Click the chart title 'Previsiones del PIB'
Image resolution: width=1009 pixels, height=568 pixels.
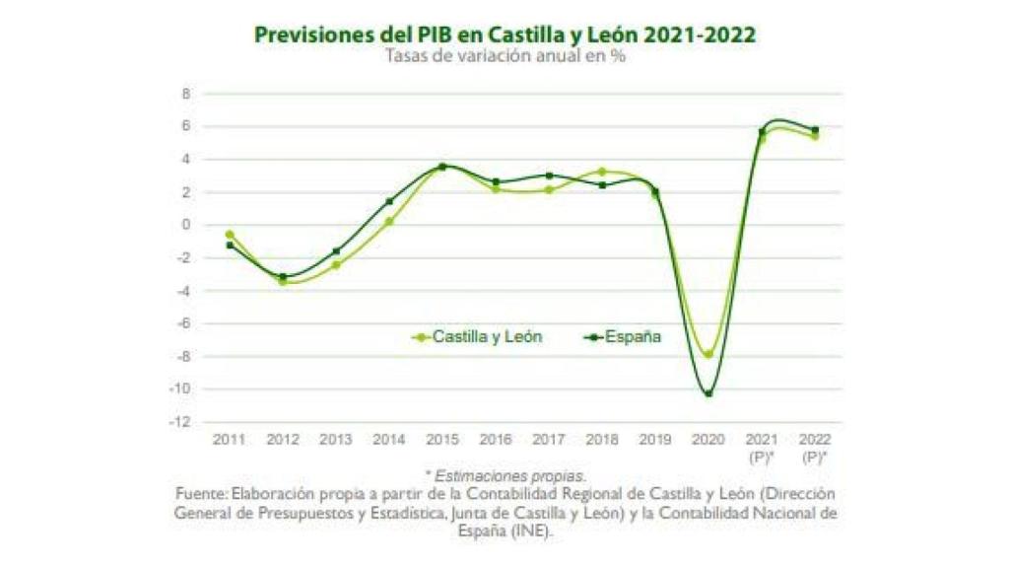[x=504, y=35]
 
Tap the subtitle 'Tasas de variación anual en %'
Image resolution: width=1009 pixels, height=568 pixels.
[x=505, y=55]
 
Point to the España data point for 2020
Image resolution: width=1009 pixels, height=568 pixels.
[x=707, y=393]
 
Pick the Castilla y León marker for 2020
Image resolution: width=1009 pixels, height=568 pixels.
[x=707, y=354]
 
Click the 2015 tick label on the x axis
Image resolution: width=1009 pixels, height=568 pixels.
[x=442, y=439]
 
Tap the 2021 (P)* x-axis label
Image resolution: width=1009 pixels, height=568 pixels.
[x=761, y=446]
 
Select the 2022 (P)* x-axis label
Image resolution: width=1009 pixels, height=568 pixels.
[x=814, y=446]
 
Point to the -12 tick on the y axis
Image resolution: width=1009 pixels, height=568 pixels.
[x=182, y=422]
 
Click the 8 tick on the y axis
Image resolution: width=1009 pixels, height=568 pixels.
[x=186, y=94]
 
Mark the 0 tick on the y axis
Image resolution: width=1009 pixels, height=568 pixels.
[x=186, y=225]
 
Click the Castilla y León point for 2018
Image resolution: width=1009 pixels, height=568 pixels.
[x=602, y=172]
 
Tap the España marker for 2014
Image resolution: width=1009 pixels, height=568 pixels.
[x=389, y=201]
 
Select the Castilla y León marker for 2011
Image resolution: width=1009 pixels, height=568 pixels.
[x=230, y=235]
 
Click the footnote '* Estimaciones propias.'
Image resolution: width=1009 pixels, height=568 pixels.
[x=505, y=475]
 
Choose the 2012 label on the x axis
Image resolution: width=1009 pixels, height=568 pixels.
[x=283, y=439]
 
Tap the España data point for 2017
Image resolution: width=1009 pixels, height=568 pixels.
[x=549, y=176]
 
